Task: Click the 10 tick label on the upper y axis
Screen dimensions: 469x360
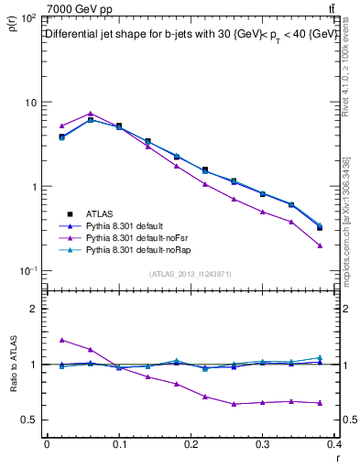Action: tap(30, 103)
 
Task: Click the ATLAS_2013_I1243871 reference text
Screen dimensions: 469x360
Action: tap(191, 274)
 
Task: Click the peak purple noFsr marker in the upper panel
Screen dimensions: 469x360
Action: tap(90, 114)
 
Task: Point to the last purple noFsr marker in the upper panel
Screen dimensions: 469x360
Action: tap(320, 245)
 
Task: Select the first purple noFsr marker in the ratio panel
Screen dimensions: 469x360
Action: tap(61, 340)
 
